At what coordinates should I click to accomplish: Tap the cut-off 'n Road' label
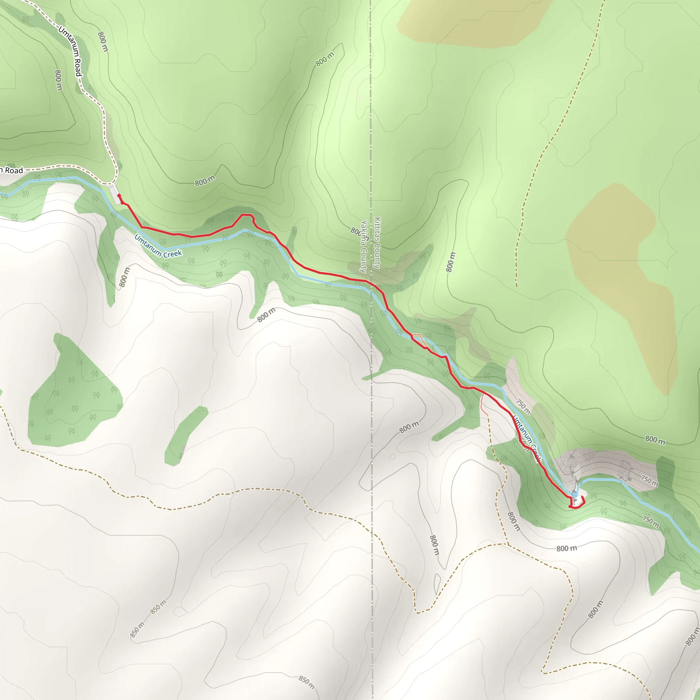coord(12,170)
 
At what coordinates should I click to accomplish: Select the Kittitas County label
coord(377,243)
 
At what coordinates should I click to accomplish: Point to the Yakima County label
coord(363,246)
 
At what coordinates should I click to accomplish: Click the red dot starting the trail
coord(119,196)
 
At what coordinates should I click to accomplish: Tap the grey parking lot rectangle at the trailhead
coord(115,194)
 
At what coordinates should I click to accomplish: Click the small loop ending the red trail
coord(577,503)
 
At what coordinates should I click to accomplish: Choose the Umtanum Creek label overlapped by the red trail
coord(527,439)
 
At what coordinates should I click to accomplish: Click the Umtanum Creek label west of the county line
coord(158,246)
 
